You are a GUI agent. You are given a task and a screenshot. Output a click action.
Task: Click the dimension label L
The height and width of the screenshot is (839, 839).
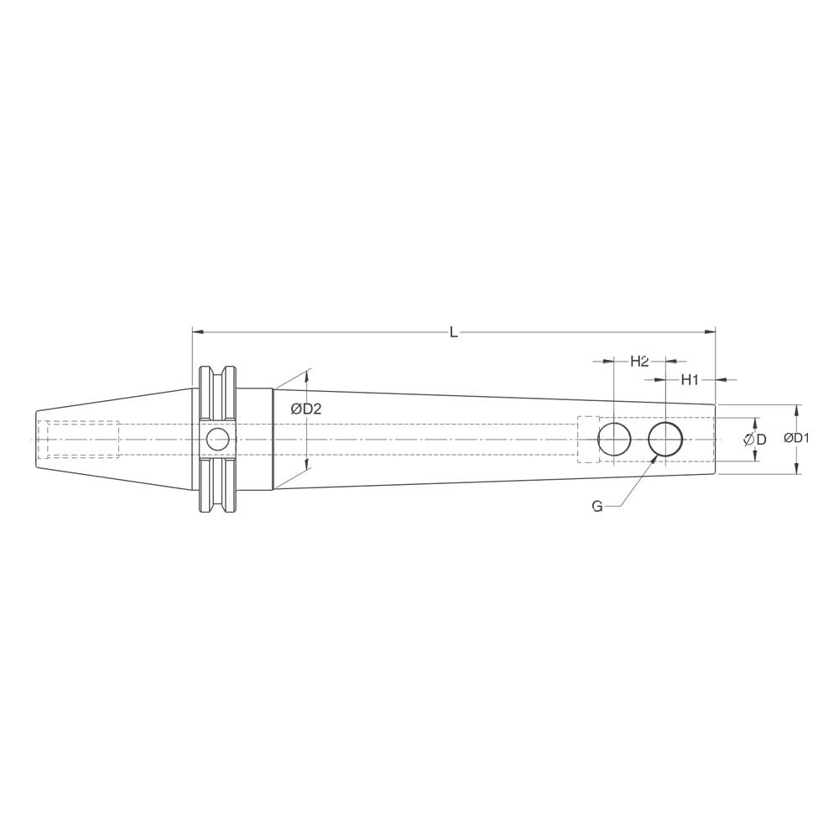pyautogui.click(x=453, y=332)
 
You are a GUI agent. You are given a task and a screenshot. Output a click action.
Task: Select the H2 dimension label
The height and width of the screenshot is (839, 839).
pyautogui.click(x=639, y=362)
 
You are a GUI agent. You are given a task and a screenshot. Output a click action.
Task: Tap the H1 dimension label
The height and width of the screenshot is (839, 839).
pyautogui.click(x=690, y=380)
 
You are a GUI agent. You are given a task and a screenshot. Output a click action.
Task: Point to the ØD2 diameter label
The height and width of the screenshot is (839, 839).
pyautogui.click(x=306, y=409)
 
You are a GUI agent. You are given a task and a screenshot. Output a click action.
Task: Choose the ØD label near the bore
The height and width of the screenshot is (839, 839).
pyautogui.click(x=755, y=440)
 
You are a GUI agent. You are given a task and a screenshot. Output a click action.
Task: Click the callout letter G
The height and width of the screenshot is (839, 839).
pyautogui.click(x=597, y=507)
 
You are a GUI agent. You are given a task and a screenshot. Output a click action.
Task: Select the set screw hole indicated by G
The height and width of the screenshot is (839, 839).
pyautogui.click(x=665, y=440)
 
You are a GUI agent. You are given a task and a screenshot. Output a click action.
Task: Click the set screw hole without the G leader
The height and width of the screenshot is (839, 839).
pyautogui.click(x=614, y=440)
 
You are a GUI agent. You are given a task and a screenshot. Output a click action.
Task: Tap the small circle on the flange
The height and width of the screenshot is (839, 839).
pyautogui.click(x=217, y=439)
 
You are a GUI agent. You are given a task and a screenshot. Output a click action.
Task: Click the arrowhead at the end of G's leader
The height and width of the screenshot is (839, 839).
pyautogui.click(x=653, y=460)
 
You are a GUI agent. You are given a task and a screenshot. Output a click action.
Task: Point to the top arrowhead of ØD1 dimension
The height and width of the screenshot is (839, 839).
pyautogui.click(x=796, y=409)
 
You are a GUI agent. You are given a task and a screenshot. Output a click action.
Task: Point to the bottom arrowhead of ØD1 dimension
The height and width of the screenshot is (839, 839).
pyautogui.click(x=796, y=469)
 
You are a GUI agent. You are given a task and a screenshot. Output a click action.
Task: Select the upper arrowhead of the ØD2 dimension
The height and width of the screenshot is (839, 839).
pyautogui.click(x=306, y=375)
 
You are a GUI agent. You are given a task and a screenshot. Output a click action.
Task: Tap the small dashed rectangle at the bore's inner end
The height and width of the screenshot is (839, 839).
pyautogui.click(x=588, y=440)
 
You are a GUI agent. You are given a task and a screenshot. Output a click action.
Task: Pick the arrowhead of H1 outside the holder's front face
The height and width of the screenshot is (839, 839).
pyautogui.click(x=722, y=380)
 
